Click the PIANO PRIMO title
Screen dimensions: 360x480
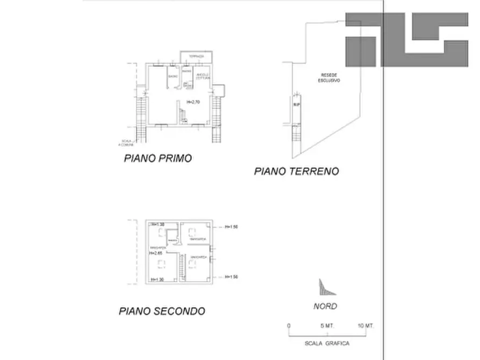click(x=158, y=159)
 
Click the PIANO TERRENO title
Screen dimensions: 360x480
click(x=297, y=171)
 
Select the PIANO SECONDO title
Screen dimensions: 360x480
click(x=162, y=311)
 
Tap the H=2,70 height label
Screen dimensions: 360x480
click(x=193, y=102)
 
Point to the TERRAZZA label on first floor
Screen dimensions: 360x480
click(x=196, y=56)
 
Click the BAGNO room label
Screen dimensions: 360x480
click(x=173, y=76)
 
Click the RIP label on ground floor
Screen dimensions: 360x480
click(x=296, y=105)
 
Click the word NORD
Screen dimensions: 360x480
click(x=325, y=306)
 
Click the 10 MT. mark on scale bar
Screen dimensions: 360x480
click(x=366, y=326)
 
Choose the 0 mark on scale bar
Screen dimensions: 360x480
click(x=289, y=326)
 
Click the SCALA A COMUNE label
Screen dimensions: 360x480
click(x=127, y=141)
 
